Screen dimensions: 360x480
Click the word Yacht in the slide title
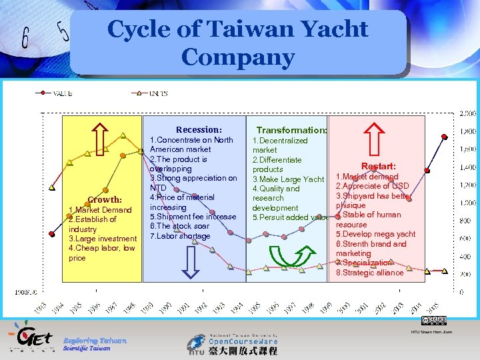point(333,29)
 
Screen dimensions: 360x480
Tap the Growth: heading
point(104,199)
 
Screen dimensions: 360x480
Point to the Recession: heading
point(199,129)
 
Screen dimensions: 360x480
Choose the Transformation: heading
point(291,131)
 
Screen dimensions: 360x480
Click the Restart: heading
point(378,165)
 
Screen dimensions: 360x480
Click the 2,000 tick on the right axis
point(467,113)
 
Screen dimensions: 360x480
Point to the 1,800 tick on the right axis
point(467,131)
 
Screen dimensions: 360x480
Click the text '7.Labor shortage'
point(180,236)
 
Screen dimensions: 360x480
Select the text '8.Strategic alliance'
point(369,272)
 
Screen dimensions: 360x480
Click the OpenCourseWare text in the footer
point(239,340)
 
